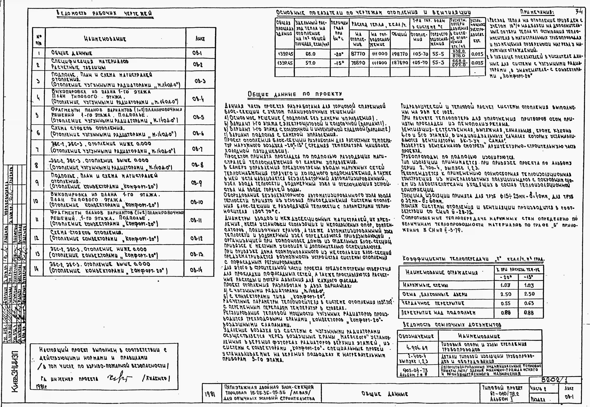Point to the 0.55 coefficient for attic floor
tap(506, 303)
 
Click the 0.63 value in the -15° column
tap(529, 303)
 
